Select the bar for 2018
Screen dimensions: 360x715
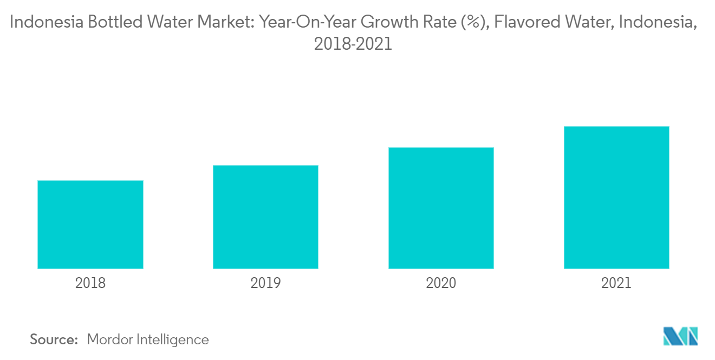90,224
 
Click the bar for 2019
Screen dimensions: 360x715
265,217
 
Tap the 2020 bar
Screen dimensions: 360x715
441,208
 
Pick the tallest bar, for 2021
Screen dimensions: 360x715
616,197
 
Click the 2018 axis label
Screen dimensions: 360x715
90,283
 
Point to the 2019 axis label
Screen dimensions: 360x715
265,283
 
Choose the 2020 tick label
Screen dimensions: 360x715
441,283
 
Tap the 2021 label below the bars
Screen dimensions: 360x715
616,283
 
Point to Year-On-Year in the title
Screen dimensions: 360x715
306,23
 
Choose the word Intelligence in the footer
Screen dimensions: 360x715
174,340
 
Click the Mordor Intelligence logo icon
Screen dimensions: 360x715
681,336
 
